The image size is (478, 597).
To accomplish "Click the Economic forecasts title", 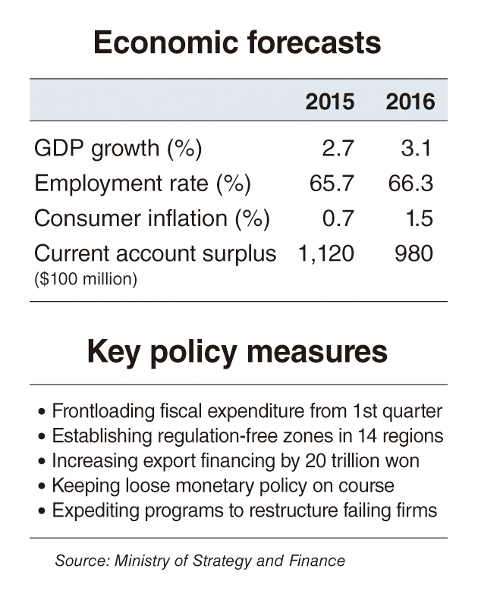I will (x=237, y=43).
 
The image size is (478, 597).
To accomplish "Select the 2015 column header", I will (x=329, y=102).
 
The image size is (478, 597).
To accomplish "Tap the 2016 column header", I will (x=410, y=102).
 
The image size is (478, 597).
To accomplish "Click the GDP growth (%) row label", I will (x=118, y=148).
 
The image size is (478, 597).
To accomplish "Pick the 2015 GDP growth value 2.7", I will (x=338, y=148).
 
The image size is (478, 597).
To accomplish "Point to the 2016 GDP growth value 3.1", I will (x=417, y=148).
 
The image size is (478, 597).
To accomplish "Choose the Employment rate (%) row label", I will (x=143, y=184).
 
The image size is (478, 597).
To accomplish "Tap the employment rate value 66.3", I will (x=410, y=184).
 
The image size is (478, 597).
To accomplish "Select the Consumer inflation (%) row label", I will (x=153, y=218).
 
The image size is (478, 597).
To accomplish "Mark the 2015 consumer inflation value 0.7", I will (x=338, y=218).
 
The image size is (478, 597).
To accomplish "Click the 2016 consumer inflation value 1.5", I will (x=417, y=218).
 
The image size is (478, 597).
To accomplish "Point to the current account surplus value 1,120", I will (x=325, y=253).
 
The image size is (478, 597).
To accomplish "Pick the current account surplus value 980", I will (x=414, y=253).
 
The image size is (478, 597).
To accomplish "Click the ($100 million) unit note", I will (x=86, y=279).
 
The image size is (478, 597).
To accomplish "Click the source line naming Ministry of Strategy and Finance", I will (x=200, y=561).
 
